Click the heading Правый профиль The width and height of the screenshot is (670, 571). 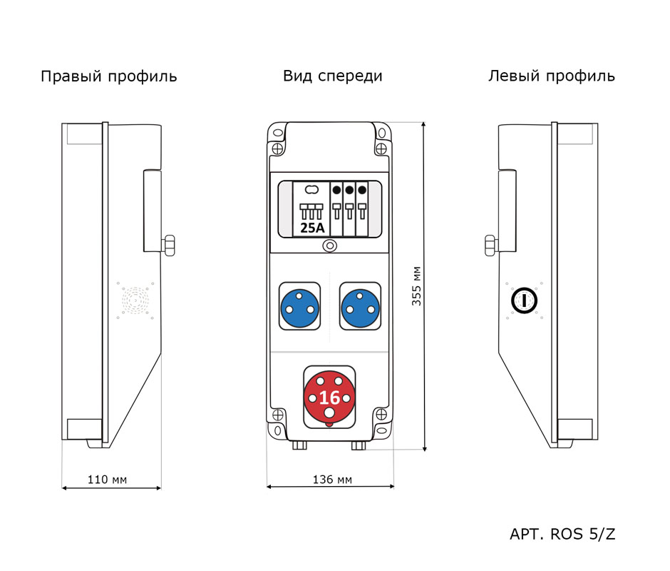click(x=108, y=76)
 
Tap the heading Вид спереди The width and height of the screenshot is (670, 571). click(x=332, y=76)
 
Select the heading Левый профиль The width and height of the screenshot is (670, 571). click(x=551, y=76)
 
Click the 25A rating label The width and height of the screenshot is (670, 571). click(x=311, y=228)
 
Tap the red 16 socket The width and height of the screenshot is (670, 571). click(x=329, y=397)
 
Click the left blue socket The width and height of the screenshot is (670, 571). click(x=301, y=305)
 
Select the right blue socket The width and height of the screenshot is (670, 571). click(x=361, y=305)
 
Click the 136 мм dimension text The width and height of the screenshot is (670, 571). click(x=332, y=479)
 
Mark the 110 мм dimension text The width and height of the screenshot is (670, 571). click(x=107, y=479)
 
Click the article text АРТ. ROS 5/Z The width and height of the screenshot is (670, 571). click(x=562, y=534)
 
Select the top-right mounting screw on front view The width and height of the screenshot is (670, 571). click(x=381, y=148)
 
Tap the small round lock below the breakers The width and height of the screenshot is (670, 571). click(x=329, y=246)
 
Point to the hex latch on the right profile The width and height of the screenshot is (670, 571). click(x=170, y=244)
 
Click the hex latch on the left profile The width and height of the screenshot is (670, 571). click(x=490, y=244)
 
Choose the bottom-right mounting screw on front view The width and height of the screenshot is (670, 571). click(x=381, y=415)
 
